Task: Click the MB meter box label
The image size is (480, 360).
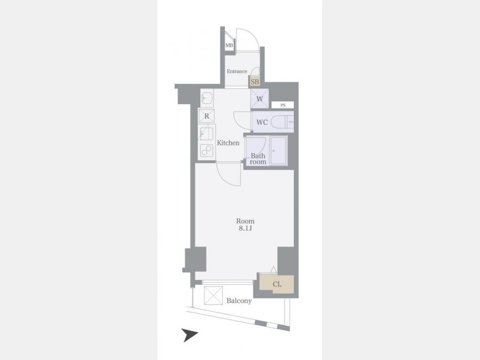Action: coord(229,45)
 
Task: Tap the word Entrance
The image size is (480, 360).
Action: coord(237,71)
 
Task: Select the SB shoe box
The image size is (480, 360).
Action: coord(255,82)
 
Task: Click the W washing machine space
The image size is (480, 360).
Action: coord(260,99)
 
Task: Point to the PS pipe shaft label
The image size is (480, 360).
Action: coord(283,105)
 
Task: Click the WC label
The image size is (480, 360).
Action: coord(262,123)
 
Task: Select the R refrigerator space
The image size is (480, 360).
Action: coord(206,116)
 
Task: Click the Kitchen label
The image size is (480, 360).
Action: coord(228,143)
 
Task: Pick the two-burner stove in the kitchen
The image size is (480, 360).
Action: coord(206,150)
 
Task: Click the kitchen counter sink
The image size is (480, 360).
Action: coord(206,133)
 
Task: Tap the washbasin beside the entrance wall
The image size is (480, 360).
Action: coord(207,98)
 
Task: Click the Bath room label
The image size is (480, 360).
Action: coord(258,158)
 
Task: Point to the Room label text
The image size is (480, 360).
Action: coord(245,221)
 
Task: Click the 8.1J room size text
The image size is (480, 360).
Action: coord(245,228)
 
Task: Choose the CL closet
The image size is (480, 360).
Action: coord(277,284)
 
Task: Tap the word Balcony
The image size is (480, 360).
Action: coord(239,301)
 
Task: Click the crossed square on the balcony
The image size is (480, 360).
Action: coord(214,295)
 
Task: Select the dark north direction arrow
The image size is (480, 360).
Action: coord(189,335)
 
